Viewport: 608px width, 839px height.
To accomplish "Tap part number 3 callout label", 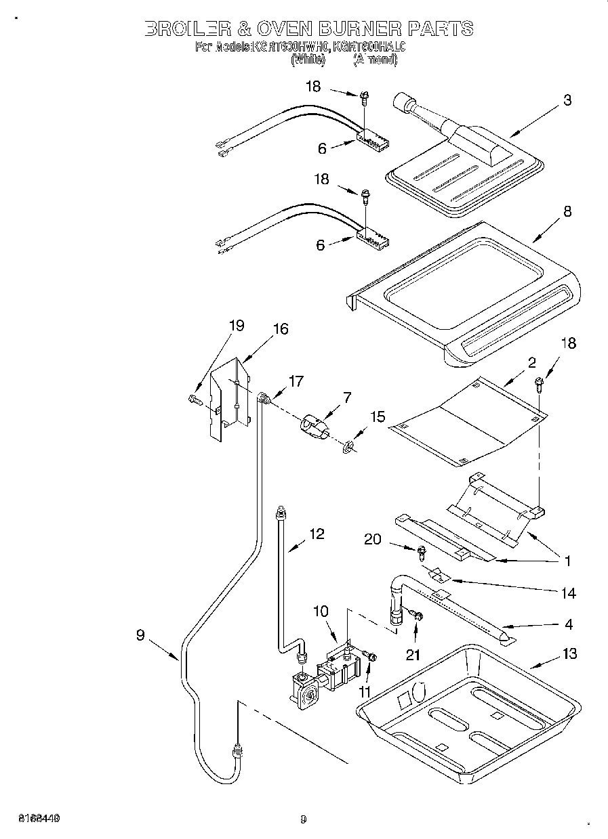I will coord(567,100).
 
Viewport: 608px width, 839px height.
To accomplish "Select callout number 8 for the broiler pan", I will coord(567,211).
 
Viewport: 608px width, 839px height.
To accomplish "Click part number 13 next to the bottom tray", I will coord(569,653).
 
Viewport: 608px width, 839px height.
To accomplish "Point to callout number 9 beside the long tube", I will coord(140,634).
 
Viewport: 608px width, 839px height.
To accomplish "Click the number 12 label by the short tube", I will coord(317,534).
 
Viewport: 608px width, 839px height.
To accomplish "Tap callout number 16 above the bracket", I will coord(280,329).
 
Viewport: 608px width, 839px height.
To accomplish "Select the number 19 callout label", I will coord(236,326).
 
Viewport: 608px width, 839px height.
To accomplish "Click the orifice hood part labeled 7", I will coord(313,429).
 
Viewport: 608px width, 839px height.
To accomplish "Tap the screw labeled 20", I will coord(420,554).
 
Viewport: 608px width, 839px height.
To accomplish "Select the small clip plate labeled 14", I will coord(439,575).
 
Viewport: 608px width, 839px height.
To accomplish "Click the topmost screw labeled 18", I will coord(365,99).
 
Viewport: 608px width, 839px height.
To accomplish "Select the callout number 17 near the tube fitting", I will coord(296,381).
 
